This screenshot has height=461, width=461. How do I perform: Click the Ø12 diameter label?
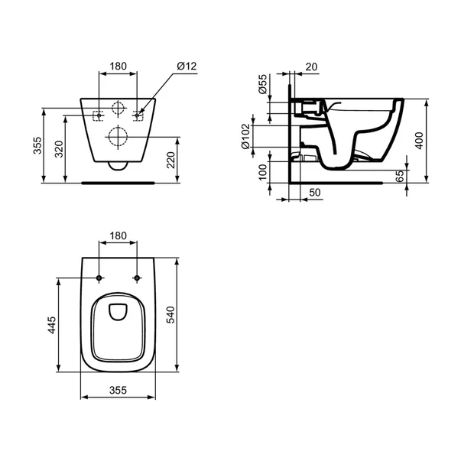(x=187, y=67)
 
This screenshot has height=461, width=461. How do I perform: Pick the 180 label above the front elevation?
(x=118, y=67)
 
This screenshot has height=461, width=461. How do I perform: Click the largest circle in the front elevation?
(x=118, y=138)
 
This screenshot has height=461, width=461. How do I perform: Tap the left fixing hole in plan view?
(x=100, y=277)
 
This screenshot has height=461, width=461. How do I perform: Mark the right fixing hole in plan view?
(x=137, y=277)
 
